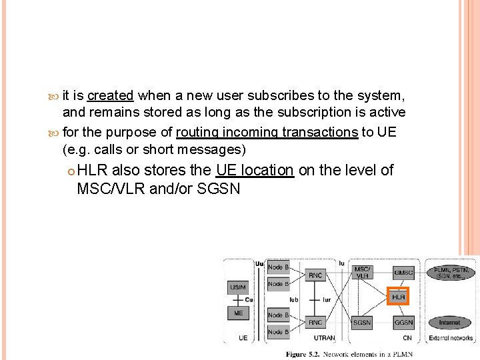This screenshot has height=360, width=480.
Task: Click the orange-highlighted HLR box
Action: [398, 296]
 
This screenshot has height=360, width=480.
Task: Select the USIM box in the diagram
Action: [239, 288]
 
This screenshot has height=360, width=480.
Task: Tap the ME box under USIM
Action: [239, 313]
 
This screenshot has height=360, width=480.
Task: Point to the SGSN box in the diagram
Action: [363, 323]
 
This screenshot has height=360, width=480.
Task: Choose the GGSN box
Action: [403, 323]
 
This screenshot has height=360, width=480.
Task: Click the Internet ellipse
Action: [449, 323]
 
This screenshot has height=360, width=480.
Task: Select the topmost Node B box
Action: [278, 267]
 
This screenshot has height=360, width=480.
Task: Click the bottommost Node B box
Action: [278, 331]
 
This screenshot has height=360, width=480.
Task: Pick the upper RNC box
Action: [316, 275]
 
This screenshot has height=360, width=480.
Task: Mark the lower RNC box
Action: [316, 323]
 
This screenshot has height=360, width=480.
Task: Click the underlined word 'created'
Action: [110, 95]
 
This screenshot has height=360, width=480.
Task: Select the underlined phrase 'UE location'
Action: [255, 171]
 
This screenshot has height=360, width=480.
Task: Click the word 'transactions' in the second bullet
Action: [324, 132]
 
